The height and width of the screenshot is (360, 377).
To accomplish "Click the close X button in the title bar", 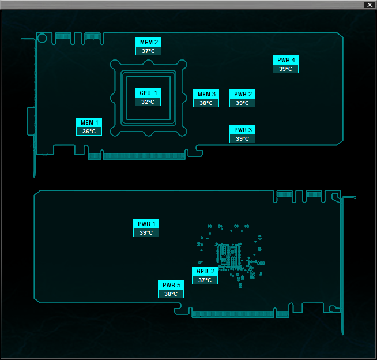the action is coord(370,5).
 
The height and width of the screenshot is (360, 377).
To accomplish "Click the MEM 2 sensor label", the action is coord(148,42).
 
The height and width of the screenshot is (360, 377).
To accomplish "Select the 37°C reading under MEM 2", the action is coord(148,51).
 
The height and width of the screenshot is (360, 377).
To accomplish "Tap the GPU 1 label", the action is coord(148,93).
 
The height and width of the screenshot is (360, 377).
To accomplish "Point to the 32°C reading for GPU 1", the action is coord(148,102).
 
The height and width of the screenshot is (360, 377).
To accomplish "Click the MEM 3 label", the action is coord(206,94).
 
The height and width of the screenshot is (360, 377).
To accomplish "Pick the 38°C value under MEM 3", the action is coord(206,103).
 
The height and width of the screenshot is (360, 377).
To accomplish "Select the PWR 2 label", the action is coord(242,94).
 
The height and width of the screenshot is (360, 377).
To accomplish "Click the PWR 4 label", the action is coord(286,60).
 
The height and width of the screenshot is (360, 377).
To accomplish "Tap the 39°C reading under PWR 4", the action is coord(286,69).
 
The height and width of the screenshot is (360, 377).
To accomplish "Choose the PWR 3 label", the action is coord(242,130).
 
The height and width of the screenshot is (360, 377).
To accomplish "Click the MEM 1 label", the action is coord(89,122).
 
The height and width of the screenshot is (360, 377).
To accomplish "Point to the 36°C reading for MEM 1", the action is coord(89,132).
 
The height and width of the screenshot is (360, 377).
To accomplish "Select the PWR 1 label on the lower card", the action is coord(146,224).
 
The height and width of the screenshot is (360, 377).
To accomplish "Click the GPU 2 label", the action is coord(205,271).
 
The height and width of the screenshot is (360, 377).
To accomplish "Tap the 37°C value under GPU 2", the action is coord(205,280).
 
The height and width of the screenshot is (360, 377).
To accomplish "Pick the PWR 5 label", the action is coord(171,285).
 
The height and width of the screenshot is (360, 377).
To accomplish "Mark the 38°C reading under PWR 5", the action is coord(171,294).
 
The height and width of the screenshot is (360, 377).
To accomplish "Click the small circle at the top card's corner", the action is coord(42,35).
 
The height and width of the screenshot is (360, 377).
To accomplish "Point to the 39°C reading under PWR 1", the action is coord(146,232).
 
